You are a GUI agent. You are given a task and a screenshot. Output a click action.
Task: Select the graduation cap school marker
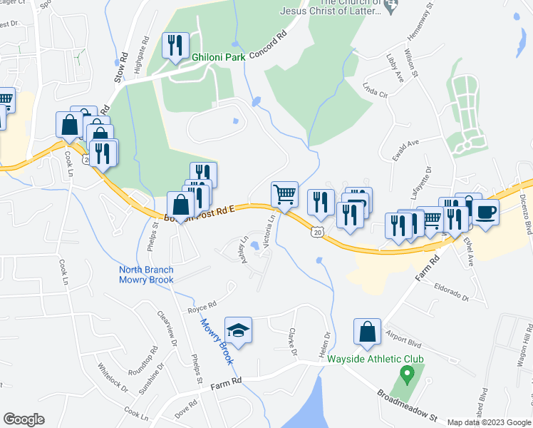coord(238,330)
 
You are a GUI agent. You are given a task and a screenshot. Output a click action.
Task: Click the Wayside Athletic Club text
coord(376,359)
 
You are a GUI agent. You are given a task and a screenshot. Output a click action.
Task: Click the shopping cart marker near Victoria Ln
coord(284,193)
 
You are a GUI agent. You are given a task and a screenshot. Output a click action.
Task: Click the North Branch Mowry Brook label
coord(146,275)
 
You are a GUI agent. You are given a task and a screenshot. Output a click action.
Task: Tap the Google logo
coord(24,419)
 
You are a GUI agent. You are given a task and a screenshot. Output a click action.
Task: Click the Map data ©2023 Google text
coord(488,422)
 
